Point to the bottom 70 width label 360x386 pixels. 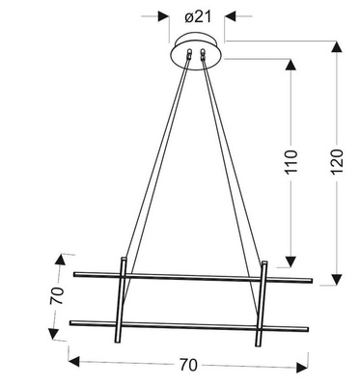[x=188, y=365]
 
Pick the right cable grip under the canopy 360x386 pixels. [x=206, y=57]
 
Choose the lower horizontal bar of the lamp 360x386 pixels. [x=188, y=320]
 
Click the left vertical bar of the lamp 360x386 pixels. [x=121, y=300]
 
